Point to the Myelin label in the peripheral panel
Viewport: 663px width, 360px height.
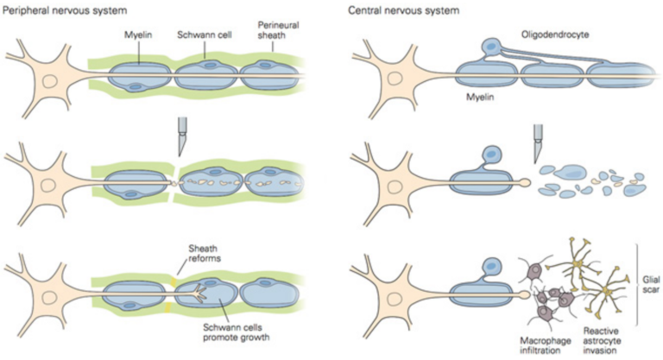tap(139, 36)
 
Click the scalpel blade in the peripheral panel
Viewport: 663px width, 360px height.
tap(182, 137)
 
